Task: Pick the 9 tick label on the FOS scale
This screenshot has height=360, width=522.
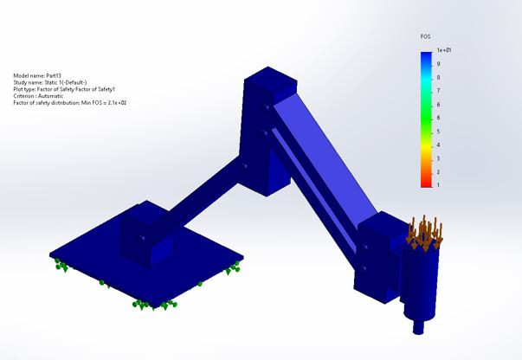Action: (438, 65)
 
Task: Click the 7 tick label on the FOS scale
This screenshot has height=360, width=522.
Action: (438, 92)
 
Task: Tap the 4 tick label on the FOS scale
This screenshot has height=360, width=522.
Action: (438, 132)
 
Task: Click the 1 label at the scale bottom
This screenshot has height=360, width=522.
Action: (438, 185)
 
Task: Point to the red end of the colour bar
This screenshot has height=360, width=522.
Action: (425, 182)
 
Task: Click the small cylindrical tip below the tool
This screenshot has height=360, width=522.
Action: (420, 327)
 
